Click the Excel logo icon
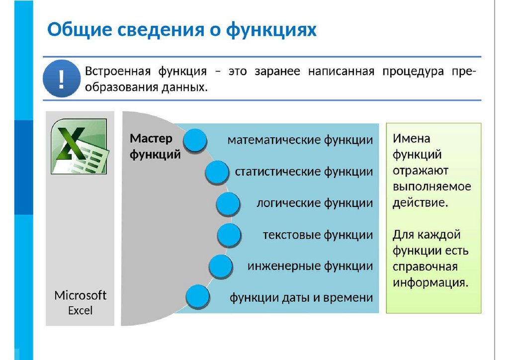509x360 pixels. point(79,146)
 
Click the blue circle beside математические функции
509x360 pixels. point(195,140)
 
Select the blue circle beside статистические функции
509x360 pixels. point(216,173)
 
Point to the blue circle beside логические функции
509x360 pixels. point(228,204)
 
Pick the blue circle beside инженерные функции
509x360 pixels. point(221,267)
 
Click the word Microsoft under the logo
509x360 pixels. point(81,295)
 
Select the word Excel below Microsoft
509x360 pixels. point(81,311)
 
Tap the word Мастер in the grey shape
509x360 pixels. point(151,138)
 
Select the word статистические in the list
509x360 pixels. point(278,172)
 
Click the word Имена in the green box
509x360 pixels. point(412,138)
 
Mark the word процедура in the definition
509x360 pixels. point(413,71)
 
